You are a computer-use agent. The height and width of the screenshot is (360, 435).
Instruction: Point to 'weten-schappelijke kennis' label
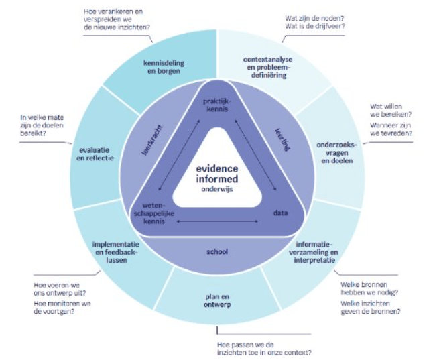coord(158,211)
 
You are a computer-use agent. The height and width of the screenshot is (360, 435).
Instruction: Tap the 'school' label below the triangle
coord(217,252)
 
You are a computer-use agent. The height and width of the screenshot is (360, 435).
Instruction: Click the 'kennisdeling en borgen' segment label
coord(164,68)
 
